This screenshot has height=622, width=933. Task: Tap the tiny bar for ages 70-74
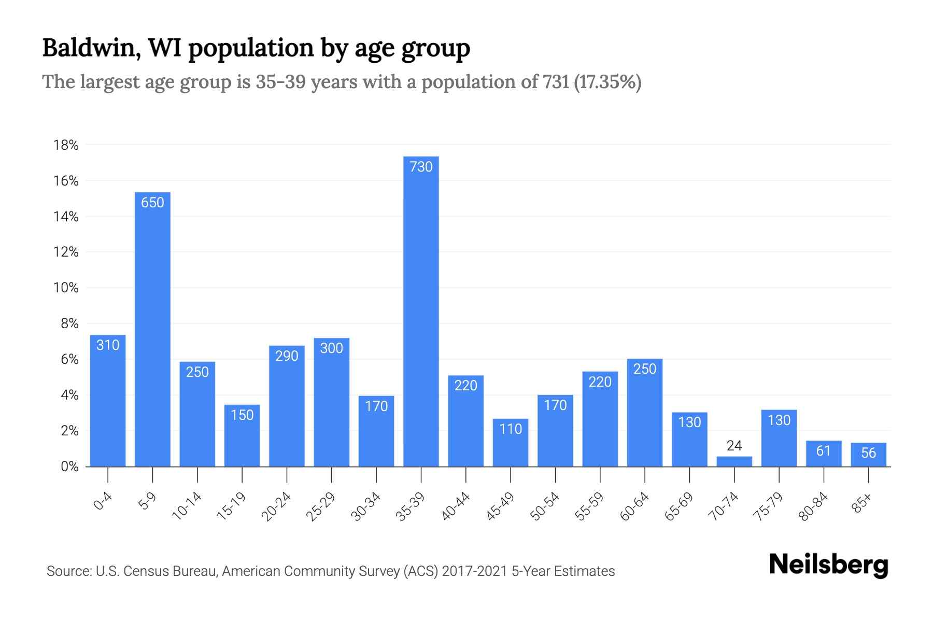[x=734, y=461]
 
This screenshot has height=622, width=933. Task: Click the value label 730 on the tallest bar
[x=421, y=167]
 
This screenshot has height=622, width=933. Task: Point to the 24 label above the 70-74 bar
[x=734, y=445]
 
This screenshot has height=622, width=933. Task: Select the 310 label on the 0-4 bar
[x=108, y=345]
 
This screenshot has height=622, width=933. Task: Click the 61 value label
[x=824, y=451]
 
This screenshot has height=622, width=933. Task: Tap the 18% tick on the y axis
[x=66, y=145]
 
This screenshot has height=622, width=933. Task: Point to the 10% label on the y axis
[x=66, y=288]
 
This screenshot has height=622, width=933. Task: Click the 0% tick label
[x=69, y=466]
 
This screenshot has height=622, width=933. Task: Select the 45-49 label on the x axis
[x=500, y=506]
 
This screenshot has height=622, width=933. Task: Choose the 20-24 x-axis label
[x=276, y=506]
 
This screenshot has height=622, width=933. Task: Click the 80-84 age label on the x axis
[x=814, y=506]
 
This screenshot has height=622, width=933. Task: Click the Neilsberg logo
[x=828, y=564]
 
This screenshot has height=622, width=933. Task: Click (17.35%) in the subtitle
[x=607, y=82]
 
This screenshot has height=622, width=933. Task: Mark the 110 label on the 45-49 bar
[x=511, y=429]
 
